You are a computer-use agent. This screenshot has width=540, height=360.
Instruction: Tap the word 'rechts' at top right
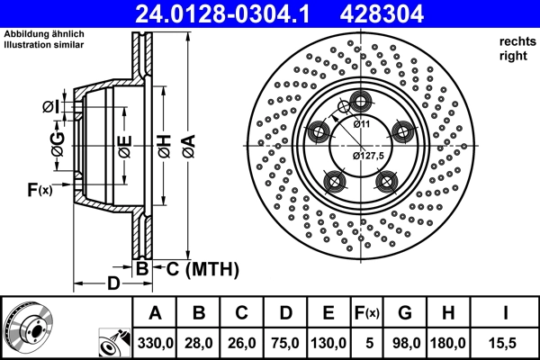[x=514, y=40]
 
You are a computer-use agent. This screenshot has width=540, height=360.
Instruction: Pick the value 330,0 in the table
[x=155, y=343]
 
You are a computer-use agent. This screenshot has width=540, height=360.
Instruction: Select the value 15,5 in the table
[x=506, y=343]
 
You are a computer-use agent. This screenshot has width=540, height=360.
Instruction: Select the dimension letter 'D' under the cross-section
[x=112, y=284]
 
